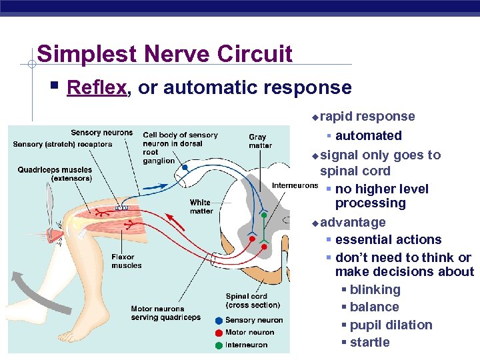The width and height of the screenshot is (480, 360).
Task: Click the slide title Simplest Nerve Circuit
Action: coord(165,53)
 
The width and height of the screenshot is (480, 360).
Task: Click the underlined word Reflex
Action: coord(97,87)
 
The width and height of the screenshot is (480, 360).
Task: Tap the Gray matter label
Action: coord(260,141)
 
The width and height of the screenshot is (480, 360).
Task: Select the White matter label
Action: coord(201,207)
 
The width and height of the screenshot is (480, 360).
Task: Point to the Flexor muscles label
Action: coord(126,261)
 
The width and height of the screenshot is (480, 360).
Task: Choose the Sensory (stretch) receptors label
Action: coord(63,144)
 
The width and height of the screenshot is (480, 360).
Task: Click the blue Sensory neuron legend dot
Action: coord(219,321)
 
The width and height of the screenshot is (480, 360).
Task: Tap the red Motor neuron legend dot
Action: coord(219,333)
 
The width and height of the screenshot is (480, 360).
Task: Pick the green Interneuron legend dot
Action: coord(219,345)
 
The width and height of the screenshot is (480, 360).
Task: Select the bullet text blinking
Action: coord(375,290)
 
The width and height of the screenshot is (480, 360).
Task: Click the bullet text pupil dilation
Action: coord(391,325)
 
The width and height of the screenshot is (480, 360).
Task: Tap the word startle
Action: coord(369,343)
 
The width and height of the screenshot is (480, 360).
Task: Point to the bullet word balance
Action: coord(374,307)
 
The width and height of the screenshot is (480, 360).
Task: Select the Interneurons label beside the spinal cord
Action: coord(294,185)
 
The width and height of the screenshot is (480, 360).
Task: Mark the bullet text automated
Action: coord(368,136)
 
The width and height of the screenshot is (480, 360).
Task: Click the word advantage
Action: coord(353,222)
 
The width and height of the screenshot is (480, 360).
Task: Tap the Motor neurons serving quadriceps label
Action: coord(165,313)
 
